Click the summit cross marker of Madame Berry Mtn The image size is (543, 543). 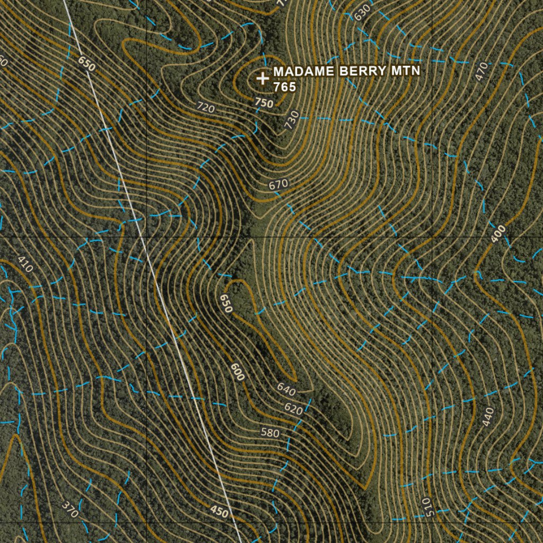(262, 78)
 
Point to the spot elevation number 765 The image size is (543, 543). (284, 87)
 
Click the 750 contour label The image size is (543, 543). (264, 102)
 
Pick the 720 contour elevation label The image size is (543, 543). (206, 108)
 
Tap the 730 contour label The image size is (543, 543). (291, 121)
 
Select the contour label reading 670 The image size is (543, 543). (278, 185)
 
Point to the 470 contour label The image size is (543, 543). (481, 72)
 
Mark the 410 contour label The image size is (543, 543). (25, 264)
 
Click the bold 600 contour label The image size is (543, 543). (238, 372)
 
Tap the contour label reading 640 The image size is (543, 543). (286, 389)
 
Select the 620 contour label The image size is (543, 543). (293, 409)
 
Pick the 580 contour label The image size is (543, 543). (269, 433)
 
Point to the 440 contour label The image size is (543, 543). (488, 417)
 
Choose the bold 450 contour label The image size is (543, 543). (219, 512)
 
